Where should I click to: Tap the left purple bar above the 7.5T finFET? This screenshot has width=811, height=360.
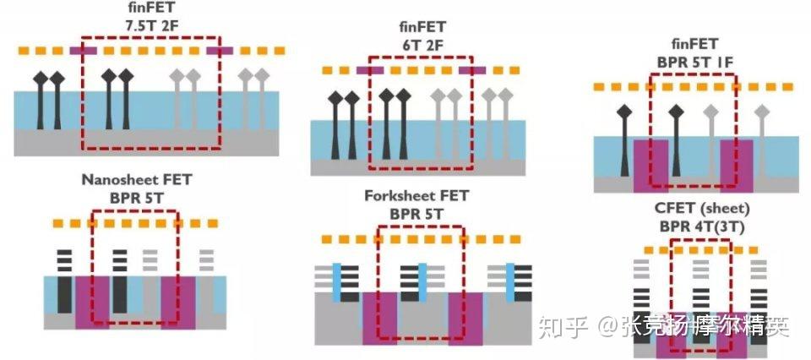click(83, 51)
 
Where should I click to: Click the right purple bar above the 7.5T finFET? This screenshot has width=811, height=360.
click(219, 51)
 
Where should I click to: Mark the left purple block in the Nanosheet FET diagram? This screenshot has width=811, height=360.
click(92, 301)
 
